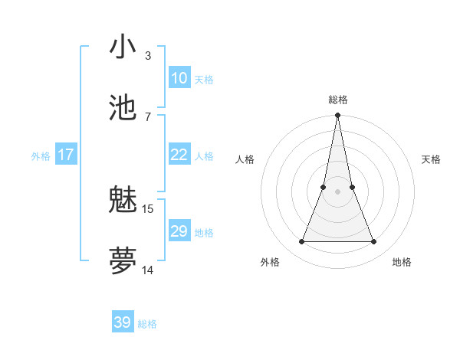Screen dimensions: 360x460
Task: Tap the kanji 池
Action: [x=123, y=108]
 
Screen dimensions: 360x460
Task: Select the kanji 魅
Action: [x=123, y=200]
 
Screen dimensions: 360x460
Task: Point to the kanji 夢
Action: [x=123, y=261]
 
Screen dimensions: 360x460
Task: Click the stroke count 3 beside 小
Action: [x=148, y=55]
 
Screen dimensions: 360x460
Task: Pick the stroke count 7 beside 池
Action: [x=148, y=116]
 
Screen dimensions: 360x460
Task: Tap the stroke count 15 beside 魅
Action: [x=148, y=208]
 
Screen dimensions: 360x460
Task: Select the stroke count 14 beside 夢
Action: [x=148, y=270]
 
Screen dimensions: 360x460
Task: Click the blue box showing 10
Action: [x=179, y=78]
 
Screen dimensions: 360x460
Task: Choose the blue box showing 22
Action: [x=179, y=155]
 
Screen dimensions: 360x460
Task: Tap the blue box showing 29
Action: [x=179, y=231]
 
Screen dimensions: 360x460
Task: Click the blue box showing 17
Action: [x=66, y=155]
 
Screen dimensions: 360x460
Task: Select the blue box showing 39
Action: [x=123, y=322]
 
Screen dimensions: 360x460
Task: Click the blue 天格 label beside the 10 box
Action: [x=204, y=80]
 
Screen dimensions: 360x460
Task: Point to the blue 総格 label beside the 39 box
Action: [x=147, y=324]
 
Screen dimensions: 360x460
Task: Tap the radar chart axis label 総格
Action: [x=338, y=100]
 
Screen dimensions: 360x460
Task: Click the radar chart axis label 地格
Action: [x=402, y=262]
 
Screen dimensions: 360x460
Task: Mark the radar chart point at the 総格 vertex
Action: [x=337, y=116]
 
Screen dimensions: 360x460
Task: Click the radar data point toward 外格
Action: [x=301, y=242]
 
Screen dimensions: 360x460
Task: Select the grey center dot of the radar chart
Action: [x=337, y=191]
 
